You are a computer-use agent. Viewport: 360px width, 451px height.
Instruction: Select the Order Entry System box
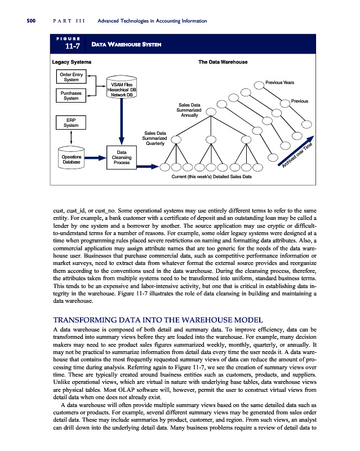[70, 76]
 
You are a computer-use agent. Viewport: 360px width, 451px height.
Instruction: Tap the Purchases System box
[70, 95]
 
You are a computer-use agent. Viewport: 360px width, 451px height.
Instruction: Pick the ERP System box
[70, 122]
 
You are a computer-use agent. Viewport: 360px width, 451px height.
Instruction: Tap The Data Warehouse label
[223, 61]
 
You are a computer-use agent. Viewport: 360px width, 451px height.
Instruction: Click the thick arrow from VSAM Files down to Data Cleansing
[122, 121]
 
